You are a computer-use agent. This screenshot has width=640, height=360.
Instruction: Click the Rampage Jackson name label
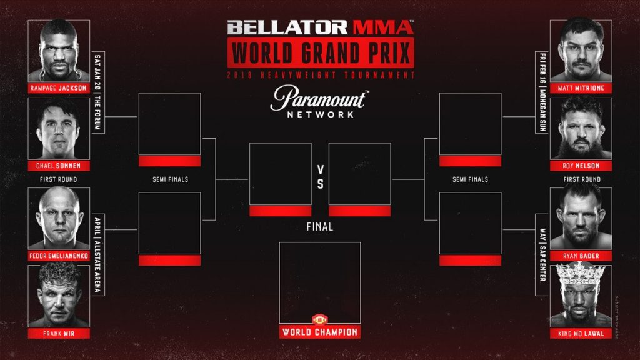click(59, 88)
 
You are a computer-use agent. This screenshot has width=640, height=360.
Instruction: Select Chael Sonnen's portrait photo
click(59, 128)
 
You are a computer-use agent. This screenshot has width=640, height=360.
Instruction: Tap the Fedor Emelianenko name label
click(59, 256)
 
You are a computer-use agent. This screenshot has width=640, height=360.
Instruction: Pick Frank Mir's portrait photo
click(59, 294)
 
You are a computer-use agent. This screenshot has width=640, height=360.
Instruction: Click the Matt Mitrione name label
click(581, 88)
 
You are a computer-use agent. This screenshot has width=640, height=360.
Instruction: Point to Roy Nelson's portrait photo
click(581, 128)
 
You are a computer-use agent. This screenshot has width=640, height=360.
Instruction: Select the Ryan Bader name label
click(581, 256)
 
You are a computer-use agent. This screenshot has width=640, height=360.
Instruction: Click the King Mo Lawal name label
click(581, 334)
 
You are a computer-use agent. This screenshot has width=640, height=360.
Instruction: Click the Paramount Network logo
click(319, 104)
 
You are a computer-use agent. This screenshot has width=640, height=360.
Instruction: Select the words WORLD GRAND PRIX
click(320, 53)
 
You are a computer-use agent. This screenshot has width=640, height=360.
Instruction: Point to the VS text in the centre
click(320, 177)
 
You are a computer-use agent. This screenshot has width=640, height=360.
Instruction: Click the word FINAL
click(319, 227)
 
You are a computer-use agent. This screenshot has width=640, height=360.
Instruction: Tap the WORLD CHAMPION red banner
click(319, 332)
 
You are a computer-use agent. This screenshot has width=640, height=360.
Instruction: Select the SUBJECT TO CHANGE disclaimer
click(616, 316)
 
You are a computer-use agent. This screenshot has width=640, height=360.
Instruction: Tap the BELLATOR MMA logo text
click(319, 27)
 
